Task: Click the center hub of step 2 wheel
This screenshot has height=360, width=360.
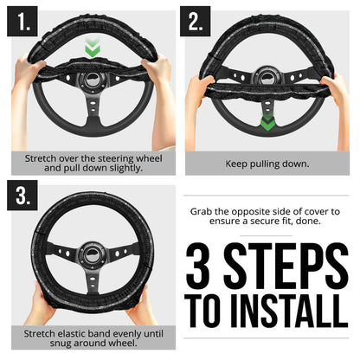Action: click(267, 81)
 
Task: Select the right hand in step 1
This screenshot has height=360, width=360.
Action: click(157, 69)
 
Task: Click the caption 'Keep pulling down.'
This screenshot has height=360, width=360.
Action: click(267, 162)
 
